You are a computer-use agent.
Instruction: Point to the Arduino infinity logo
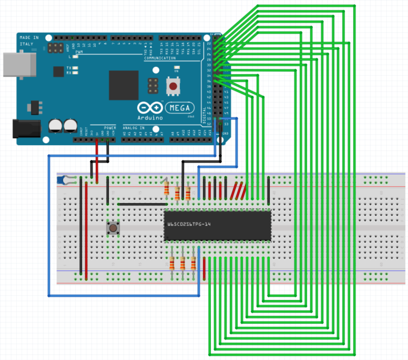tap(148, 108)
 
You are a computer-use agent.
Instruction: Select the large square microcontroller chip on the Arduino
tap(124, 85)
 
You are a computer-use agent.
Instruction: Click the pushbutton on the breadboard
tap(113, 228)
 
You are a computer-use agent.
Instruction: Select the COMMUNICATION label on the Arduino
tap(160, 58)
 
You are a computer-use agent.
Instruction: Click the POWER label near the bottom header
tap(110, 127)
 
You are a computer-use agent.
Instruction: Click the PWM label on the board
tap(79, 53)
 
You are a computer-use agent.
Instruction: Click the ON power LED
tap(177, 68)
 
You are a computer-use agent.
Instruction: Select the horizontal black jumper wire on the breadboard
tap(142, 204)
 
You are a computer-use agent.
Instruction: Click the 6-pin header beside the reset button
tap(153, 85)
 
